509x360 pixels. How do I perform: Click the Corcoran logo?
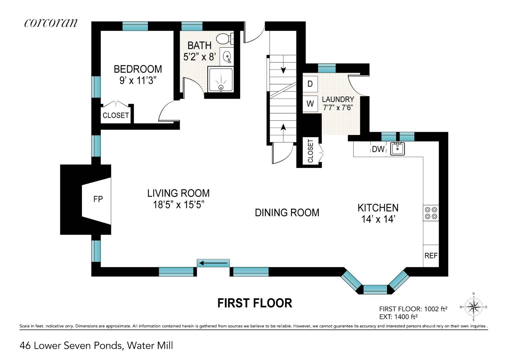(51, 23)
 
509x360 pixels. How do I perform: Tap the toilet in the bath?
(225, 39)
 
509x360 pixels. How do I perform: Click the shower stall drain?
(221, 87)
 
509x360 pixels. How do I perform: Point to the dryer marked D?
(310, 84)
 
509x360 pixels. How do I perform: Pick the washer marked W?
(310, 104)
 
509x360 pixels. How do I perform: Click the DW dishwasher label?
(378, 149)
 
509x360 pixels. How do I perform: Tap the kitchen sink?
(397, 149)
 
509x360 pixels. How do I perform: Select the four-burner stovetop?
(431, 213)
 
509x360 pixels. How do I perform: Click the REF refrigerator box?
(431, 256)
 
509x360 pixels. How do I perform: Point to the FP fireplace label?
(98, 199)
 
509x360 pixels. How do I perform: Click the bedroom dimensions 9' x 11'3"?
(138, 80)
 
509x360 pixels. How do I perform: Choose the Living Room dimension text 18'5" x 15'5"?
(178, 205)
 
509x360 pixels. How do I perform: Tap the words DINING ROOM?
(287, 213)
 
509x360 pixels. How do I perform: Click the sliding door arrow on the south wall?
(213, 263)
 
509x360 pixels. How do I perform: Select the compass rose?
(474, 307)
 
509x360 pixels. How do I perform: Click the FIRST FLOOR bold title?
(255, 303)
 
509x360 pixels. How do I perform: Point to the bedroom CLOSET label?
(116, 115)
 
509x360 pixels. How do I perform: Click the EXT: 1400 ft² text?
(398, 317)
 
